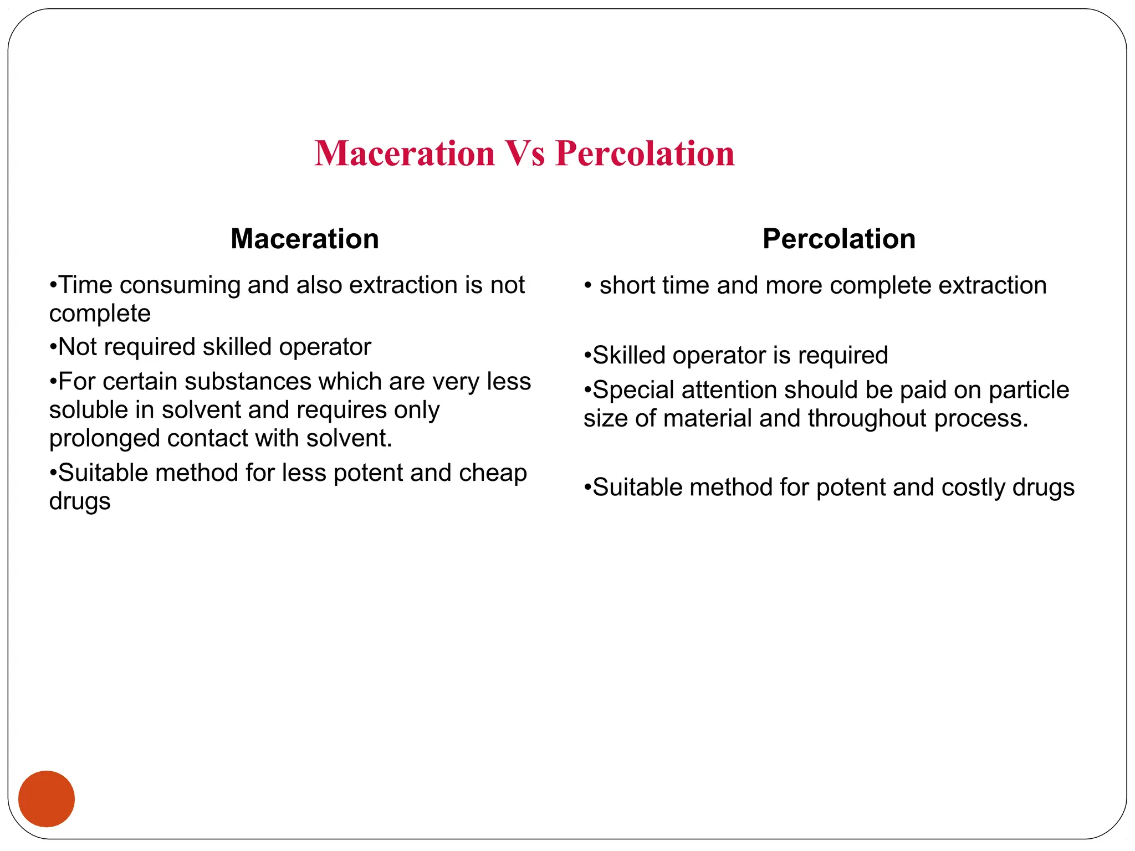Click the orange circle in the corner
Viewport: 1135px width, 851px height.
click(47, 798)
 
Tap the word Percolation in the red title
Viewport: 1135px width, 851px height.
click(645, 153)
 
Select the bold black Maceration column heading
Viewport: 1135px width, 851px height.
click(305, 239)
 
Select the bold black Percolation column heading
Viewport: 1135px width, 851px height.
click(839, 239)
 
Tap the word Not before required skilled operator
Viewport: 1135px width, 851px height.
click(77, 347)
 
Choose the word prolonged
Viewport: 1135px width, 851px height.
click(104, 439)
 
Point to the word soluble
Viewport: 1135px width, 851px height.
click(88, 410)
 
